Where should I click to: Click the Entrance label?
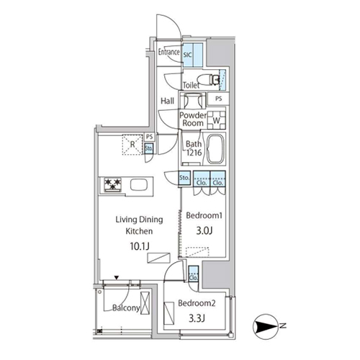[168, 53]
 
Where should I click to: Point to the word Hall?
[167, 101]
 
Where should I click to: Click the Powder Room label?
[192, 119]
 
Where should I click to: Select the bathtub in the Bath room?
[217, 149]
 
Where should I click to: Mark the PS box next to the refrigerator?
[149, 136]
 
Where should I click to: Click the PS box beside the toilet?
[219, 98]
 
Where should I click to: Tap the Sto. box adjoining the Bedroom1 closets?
[184, 178]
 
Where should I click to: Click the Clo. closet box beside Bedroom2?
[193, 274]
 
